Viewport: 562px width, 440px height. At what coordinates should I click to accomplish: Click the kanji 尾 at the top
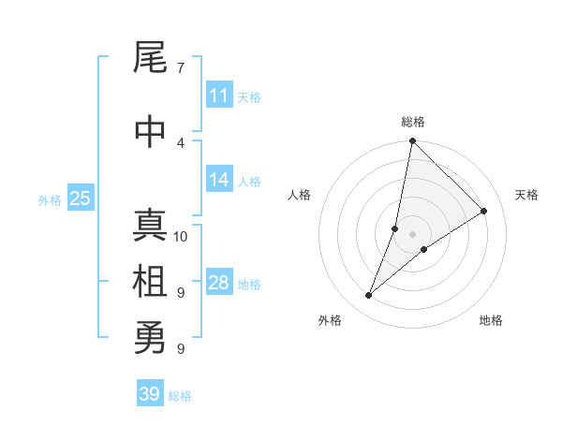point(150,60)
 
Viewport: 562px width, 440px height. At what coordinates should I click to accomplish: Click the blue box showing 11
point(218,95)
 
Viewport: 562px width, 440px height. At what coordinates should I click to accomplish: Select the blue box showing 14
point(218,181)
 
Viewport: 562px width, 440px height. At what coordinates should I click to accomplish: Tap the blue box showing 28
point(218,283)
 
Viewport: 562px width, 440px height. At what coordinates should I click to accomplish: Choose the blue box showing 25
point(80,198)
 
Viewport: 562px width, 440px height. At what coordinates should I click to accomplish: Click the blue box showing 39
point(149,394)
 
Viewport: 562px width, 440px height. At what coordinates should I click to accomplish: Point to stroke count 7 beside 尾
point(181,67)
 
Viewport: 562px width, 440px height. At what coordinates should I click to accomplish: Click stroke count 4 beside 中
point(181,142)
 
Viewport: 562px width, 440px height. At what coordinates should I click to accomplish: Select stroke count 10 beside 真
point(181,236)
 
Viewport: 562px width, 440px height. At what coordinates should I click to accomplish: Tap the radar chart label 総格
point(412,122)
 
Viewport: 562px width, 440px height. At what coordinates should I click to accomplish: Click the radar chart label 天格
point(526,195)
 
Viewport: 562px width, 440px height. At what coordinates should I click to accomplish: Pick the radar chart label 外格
point(330,320)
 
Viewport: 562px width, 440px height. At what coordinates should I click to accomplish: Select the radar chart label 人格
point(300,195)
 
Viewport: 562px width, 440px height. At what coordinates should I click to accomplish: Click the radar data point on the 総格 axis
point(412,140)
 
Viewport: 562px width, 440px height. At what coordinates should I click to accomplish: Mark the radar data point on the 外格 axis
point(368,296)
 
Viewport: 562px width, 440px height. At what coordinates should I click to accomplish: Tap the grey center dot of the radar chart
point(412,234)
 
